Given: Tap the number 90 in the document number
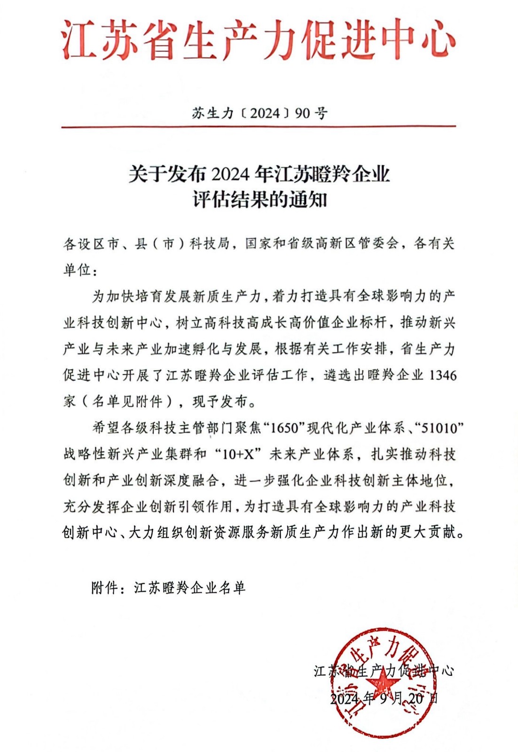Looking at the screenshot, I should coord(303,113).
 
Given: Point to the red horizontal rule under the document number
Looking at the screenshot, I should coord(259,127).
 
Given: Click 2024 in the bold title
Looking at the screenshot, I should coord(230,174).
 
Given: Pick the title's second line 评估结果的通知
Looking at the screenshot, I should coord(259,200).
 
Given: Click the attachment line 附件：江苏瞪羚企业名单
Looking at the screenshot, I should coord(168,588).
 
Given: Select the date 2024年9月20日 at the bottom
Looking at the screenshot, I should coord(384,698).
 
